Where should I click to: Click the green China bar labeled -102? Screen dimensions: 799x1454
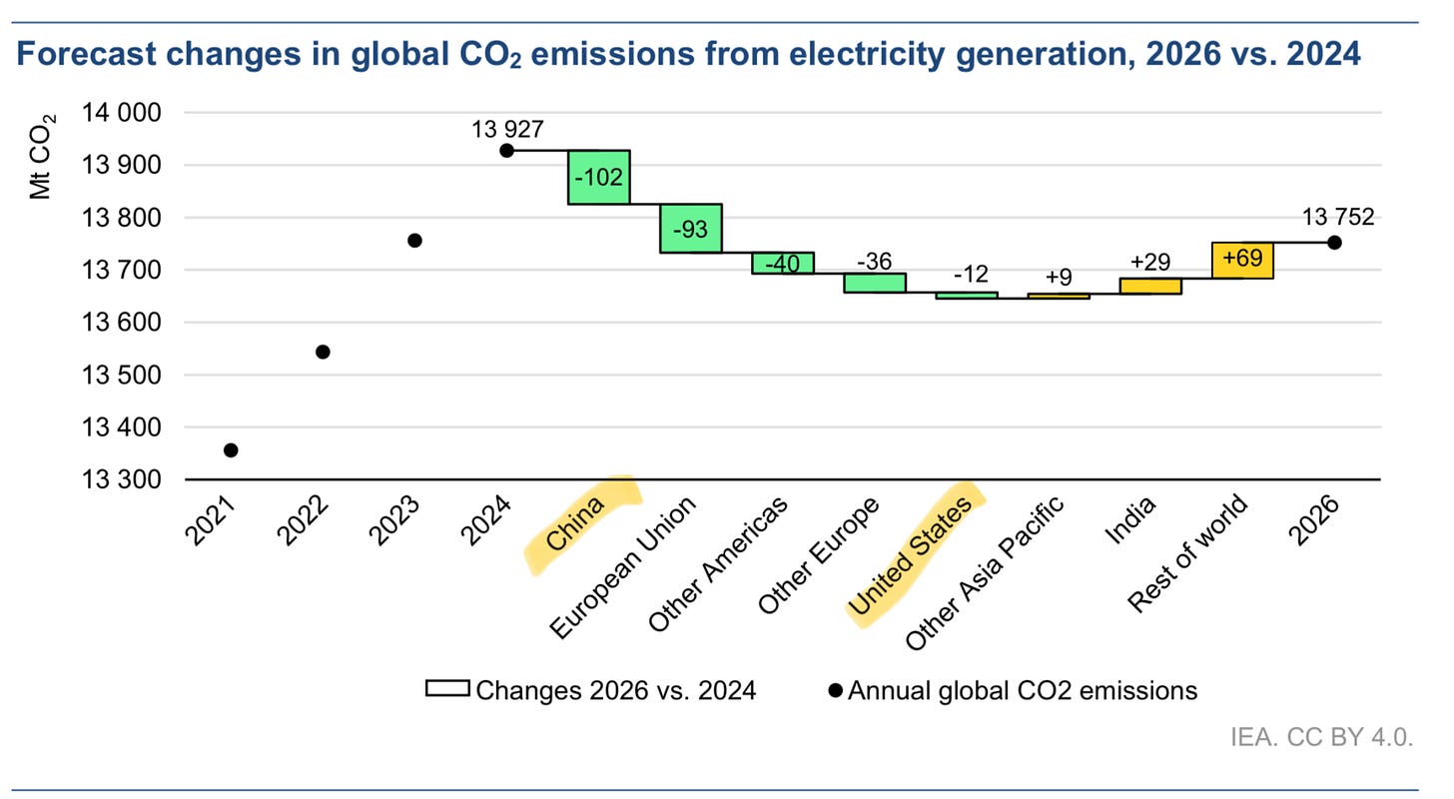(x=598, y=177)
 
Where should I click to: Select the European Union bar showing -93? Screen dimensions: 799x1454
(x=690, y=228)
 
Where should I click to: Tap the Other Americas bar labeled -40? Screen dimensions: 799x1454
(x=782, y=263)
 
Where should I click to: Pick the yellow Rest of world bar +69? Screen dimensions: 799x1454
(x=1242, y=260)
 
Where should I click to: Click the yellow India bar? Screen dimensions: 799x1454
(x=1150, y=286)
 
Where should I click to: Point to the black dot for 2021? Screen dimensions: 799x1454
(x=231, y=450)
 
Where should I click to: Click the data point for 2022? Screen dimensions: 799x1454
(x=323, y=352)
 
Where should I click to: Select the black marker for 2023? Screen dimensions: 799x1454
(x=414, y=240)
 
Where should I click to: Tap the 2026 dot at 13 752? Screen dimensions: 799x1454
(x=1334, y=243)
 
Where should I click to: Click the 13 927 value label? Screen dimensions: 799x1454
(x=507, y=128)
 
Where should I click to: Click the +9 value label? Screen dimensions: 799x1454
(x=1059, y=276)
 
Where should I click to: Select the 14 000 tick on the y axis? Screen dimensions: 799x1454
(x=132, y=114)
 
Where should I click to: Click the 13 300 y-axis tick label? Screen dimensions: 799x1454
(x=132, y=480)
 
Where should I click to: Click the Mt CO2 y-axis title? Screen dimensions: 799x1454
(x=42, y=156)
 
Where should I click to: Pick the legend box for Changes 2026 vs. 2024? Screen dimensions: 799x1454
(x=447, y=690)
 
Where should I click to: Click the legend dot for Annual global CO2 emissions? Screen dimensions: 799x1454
(x=835, y=690)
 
